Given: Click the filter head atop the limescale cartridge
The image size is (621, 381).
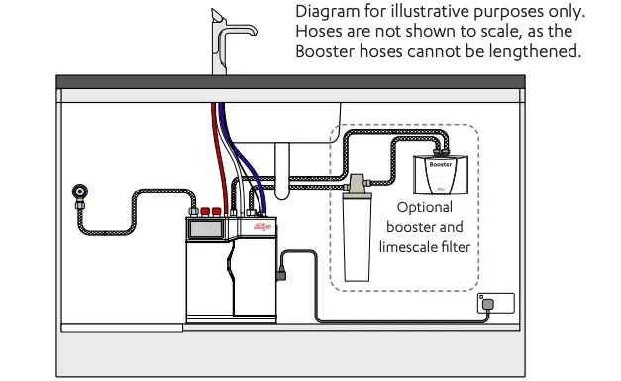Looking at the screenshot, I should click(x=356, y=185).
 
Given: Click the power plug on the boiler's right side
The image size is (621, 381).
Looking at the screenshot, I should click(x=284, y=266).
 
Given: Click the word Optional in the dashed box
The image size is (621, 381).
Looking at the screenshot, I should click(x=423, y=208).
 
